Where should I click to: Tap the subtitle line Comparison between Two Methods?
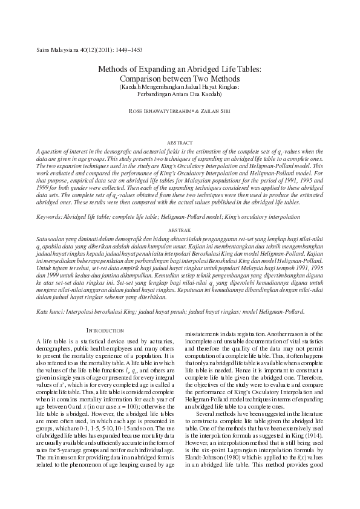pos(180,79)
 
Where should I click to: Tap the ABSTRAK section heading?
pos(179,230)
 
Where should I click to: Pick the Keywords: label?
pos(49,216)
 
